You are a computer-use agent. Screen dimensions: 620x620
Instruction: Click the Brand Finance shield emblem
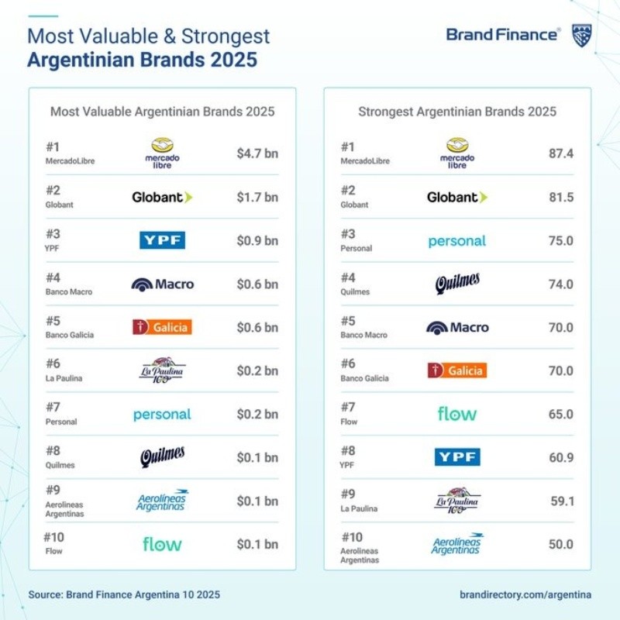click(x=583, y=35)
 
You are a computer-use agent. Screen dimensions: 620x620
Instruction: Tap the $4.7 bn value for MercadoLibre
click(x=257, y=153)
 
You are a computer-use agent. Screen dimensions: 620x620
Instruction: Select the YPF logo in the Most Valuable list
click(x=162, y=240)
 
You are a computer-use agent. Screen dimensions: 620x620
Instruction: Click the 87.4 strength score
click(x=560, y=153)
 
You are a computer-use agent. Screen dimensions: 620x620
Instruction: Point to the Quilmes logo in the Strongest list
click(x=457, y=284)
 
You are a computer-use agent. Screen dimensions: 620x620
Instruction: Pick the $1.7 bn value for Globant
click(x=257, y=197)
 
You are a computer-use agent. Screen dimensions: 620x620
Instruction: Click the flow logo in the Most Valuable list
click(x=162, y=544)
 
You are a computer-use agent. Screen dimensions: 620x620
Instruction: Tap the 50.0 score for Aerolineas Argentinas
click(x=560, y=544)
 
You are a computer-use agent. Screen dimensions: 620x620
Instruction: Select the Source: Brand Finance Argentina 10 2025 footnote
click(x=124, y=594)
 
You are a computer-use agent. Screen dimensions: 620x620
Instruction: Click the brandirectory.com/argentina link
click(x=525, y=594)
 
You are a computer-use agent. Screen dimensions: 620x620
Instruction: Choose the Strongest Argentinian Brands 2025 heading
click(x=457, y=112)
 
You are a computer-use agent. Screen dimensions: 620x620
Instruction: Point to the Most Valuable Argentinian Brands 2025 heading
click(x=162, y=112)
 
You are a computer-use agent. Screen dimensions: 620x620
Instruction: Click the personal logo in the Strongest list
click(x=457, y=241)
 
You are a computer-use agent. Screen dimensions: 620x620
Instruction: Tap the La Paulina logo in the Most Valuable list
click(x=162, y=370)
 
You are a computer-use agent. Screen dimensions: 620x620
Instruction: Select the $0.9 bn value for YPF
click(x=257, y=240)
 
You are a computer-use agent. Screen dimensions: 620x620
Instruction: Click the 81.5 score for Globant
click(x=560, y=197)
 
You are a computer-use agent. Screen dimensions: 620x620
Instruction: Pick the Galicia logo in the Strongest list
click(x=457, y=370)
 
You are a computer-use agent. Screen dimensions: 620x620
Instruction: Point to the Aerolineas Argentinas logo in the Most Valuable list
click(x=162, y=501)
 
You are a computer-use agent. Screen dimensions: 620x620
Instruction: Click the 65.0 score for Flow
click(x=560, y=414)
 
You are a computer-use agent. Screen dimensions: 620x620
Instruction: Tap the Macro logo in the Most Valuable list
click(x=162, y=284)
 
